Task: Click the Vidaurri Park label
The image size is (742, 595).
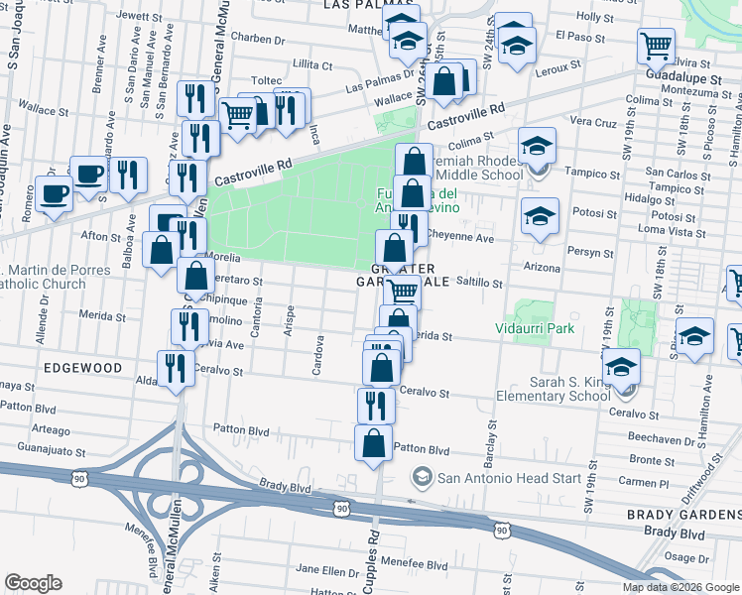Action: pyautogui.click(x=535, y=328)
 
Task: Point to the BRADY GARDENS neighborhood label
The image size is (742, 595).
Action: pyautogui.click(x=683, y=516)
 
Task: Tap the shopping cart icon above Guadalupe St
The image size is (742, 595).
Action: pyautogui.click(x=656, y=45)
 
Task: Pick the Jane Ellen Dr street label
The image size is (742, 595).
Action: pyautogui.click(x=327, y=571)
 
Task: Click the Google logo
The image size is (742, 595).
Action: pyautogui.click(x=33, y=583)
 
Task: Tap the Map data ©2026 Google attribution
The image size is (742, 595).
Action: pyautogui.click(x=681, y=587)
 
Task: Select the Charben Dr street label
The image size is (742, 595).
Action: pyautogui.click(x=257, y=39)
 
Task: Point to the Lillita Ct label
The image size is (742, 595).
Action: pyautogui.click(x=311, y=64)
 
